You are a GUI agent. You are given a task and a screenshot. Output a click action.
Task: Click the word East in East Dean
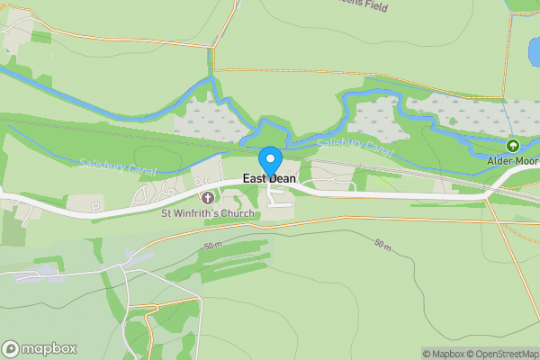(x=254, y=179)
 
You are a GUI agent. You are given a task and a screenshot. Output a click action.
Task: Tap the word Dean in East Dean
(x=282, y=179)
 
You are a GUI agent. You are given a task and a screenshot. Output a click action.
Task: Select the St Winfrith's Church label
(x=207, y=213)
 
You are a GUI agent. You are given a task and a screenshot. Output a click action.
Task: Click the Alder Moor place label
(x=512, y=160)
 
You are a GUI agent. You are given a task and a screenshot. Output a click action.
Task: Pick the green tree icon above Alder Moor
(x=513, y=145)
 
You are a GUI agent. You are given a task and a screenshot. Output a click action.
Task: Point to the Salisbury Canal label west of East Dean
(x=118, y=166)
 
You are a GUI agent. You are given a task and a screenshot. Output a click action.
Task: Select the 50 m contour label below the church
(x=213, y=245)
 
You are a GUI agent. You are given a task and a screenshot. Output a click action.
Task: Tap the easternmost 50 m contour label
(x=383, y=243)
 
